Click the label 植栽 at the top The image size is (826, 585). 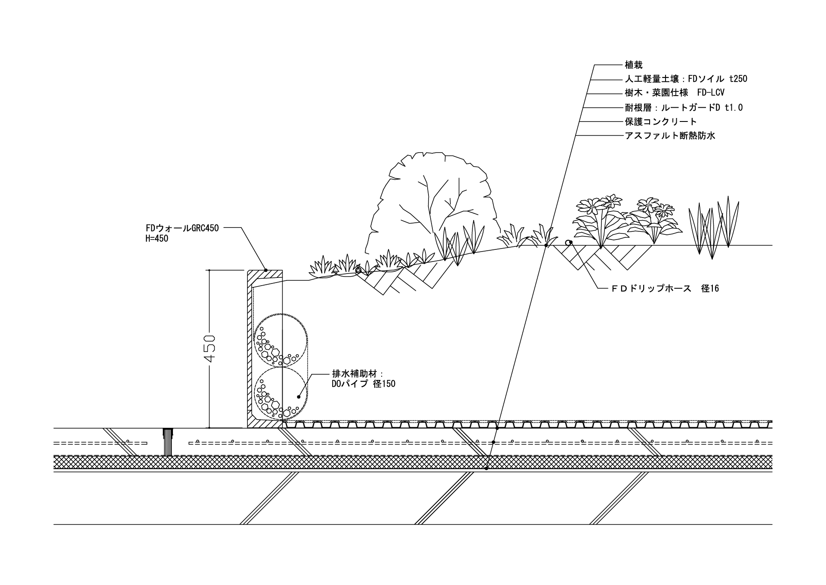tap(634, 65)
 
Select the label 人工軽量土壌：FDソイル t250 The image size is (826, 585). tap(686, 79)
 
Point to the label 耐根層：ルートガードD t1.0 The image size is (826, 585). tap(684, 108)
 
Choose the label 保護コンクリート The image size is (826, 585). tap(661, 121)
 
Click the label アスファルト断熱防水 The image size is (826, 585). tap(670, 136)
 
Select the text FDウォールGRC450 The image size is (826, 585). tap(182, 228)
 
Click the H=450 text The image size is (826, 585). tap(157, 238)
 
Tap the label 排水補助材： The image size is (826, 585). tap(357, 373)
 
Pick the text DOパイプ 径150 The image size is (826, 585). tap(363, 384)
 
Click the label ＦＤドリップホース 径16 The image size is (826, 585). tap(665, 289)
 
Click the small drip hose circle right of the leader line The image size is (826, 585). tap(568, 243)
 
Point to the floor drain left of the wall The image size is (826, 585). tap(168, 442)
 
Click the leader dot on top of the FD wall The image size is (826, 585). tap(266, 270)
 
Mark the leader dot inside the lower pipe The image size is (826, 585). tap(299, 395)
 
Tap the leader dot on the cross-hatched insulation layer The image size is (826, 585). tap(487, 468)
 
